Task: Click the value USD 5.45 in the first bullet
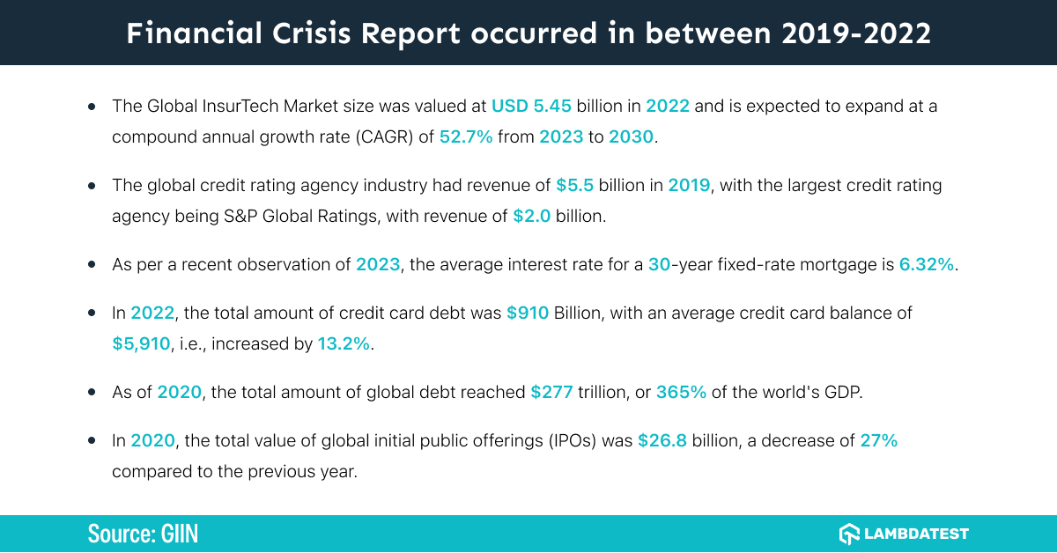click(531, 107)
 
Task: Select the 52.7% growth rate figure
click(468, 138)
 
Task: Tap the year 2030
click(632, 138)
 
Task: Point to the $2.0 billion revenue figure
click(532, 216)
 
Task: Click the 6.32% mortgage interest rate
click(927, 265)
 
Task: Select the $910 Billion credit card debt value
click(528, 313)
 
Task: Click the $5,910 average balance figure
click(140, 344)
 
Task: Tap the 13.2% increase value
click(344, 344)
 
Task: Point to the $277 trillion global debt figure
click(551, 393)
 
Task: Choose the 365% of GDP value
click(681, 393)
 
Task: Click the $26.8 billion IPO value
click(662, 440)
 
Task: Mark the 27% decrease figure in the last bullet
click(878, 440)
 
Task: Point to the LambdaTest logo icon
click(849, 534)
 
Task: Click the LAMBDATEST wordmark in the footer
click(917, 534)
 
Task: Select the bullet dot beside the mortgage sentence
click(92, 265)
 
